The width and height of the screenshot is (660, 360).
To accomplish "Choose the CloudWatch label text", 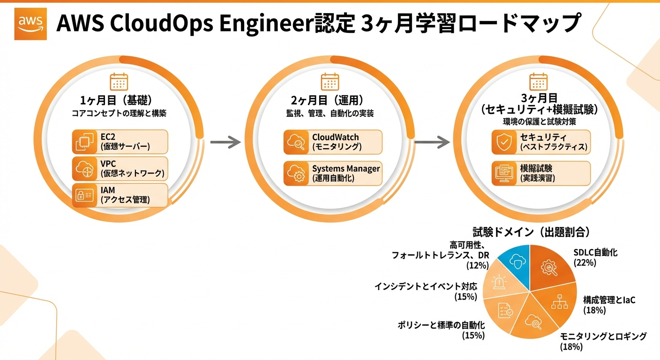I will (335, 137).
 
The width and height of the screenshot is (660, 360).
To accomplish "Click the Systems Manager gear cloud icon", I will (295, 173).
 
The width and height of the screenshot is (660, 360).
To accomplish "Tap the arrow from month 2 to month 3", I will (430, 142).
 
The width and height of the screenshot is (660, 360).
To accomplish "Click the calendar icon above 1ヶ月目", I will (119, 82).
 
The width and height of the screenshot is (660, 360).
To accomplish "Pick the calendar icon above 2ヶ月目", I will (330, 82).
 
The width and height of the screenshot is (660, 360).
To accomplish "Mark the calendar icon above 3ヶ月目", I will (539, 82).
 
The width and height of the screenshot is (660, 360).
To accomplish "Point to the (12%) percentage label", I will (478, 266).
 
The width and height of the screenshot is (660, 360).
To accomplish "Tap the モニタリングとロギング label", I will (603, 336).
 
